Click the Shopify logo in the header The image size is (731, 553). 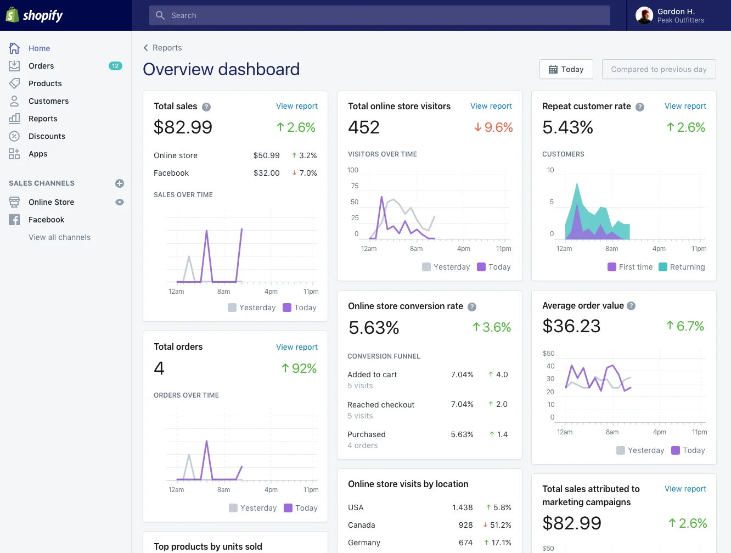(35, 15)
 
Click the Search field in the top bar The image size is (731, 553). (379, 15)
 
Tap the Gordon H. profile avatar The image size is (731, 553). (644, 15)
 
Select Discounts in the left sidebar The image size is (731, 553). (47, 136)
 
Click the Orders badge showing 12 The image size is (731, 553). (115, 66)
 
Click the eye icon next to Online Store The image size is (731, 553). (120, 202)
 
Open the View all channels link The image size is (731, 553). (59, 237)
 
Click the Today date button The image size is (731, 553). (566, 69)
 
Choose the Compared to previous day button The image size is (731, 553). (659, 69)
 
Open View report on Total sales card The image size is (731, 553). (296, 106)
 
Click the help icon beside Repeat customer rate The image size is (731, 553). (640, 107)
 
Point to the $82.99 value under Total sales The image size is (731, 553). (183, 127)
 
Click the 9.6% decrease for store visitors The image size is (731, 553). (493, 127)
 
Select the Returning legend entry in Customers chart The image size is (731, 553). (682, 267)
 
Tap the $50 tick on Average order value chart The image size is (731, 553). (548, 354)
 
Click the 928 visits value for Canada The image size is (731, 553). (465, 525)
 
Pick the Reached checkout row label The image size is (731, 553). (381, 405)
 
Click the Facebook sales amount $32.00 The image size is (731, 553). (266, 173)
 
